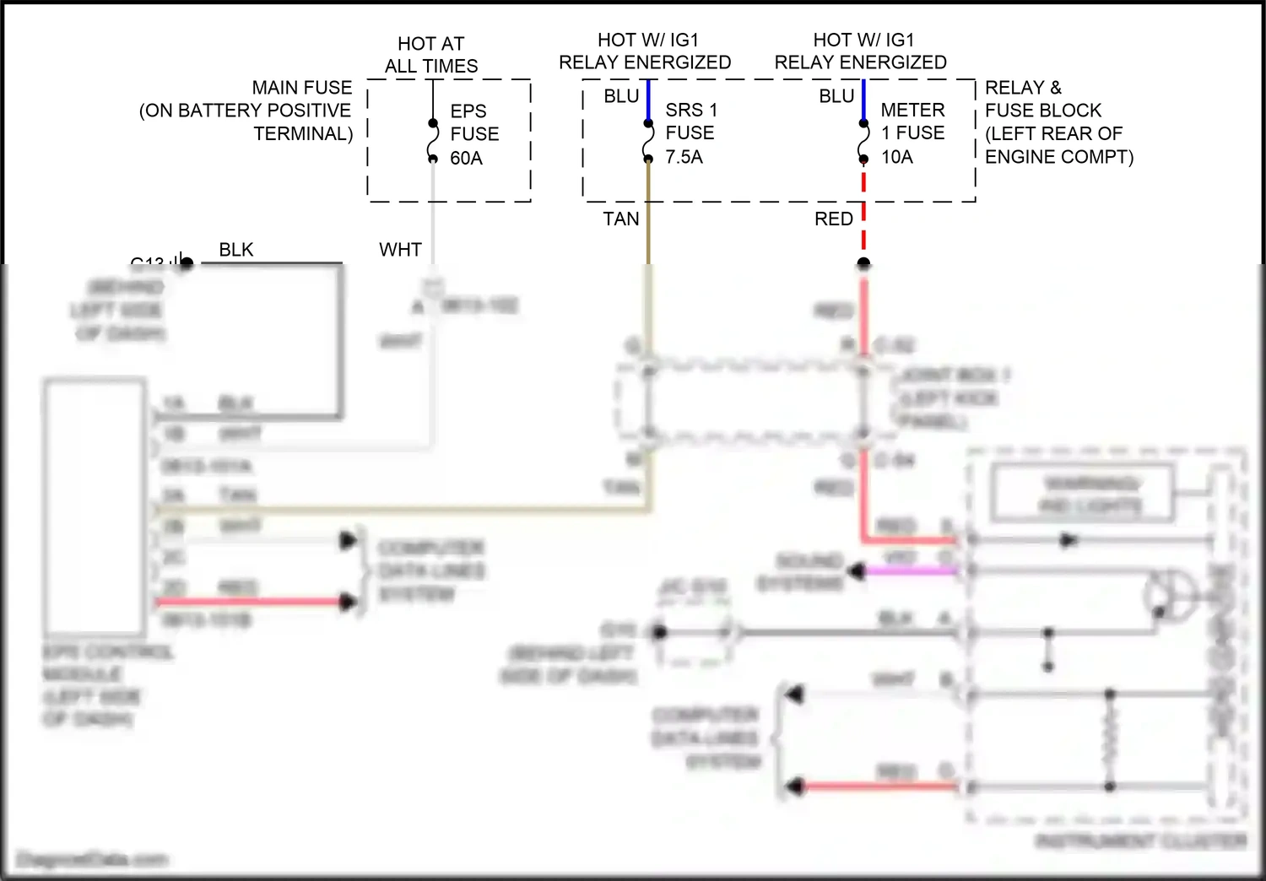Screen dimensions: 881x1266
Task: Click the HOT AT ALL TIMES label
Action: point(431,55)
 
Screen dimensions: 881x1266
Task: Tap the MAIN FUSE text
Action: point(301,88)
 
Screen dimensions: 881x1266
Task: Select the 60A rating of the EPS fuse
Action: point(466,158)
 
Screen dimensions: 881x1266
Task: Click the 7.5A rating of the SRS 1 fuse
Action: point(684,157)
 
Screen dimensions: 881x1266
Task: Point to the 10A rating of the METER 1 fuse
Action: point(897,157)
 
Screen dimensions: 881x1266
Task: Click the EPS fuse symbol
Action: point(433,140)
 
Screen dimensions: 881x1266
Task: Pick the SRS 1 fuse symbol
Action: point(648,140)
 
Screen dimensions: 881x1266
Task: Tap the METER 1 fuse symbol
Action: point(863,140)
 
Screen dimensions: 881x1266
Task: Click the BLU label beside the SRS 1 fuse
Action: point(621,96)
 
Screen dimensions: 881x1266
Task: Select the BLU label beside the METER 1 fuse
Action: point(836,96)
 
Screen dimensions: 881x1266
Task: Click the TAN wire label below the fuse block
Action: point(621,219)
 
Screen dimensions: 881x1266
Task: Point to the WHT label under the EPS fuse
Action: point(400,250)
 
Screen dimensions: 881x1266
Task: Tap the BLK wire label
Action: point(236,250)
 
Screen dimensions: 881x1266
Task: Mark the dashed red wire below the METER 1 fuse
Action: point(863,211)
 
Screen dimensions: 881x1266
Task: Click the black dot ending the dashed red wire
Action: point(863,263)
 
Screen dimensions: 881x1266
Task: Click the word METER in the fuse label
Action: point(912,110)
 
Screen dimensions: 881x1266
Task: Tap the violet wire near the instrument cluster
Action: point(912,571)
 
